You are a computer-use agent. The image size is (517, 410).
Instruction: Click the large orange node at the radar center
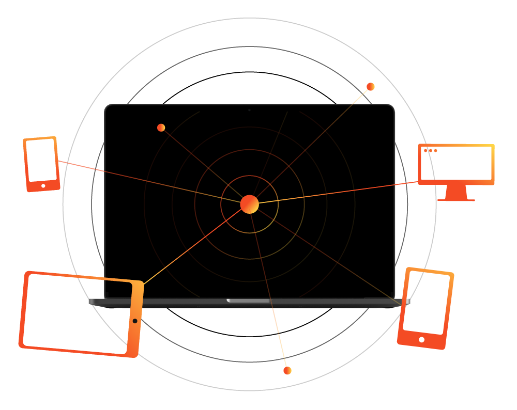click(x=250, y=204)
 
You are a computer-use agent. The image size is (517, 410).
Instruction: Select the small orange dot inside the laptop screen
click(x=161, y=128)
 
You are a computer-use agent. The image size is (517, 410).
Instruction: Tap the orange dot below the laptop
click(x=287, y=370)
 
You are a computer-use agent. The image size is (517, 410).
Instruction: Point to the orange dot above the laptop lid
click(x=371, y=87)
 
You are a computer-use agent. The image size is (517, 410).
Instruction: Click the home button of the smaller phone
click(x=43, y=185)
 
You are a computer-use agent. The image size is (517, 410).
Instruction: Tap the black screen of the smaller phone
click(x=41, y=160)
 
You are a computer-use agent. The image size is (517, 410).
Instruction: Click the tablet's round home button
click(x=135, y=321)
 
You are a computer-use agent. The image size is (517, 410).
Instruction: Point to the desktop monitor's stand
click(x=456, y=193)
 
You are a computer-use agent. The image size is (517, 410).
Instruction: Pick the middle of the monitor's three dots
click(x=431, y=150)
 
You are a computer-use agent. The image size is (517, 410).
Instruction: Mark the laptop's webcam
click(x=249, y=110)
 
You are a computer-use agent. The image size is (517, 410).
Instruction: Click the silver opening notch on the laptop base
click(x=248, y=301)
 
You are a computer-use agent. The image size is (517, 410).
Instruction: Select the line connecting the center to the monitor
click(x=336, y=193)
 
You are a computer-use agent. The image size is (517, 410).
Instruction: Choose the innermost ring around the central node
click(x=250, y=176)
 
